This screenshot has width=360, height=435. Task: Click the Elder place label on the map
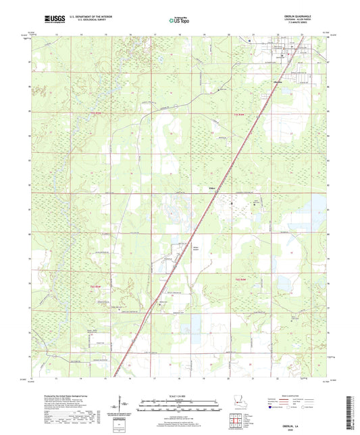[x=211, y=188]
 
